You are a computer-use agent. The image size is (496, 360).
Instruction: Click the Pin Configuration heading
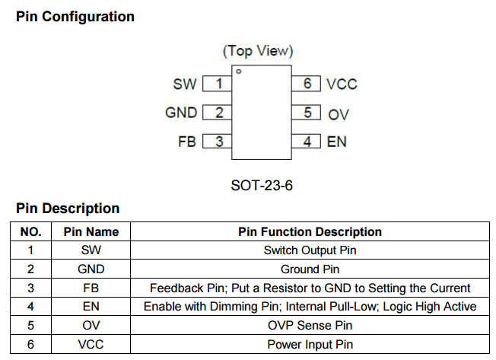(x=75, y=17)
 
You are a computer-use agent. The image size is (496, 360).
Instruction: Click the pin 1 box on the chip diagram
(x=218, y=84)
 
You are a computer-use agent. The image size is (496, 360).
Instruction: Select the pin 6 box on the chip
(x=307, y=84)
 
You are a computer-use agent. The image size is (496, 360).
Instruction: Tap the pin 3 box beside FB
(x=218, y=141)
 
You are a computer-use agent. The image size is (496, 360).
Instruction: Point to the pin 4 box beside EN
(x=307, y=141)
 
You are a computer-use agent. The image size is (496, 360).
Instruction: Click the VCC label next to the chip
(x=342, y=84)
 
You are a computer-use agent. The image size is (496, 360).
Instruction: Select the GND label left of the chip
(x=181, y=113)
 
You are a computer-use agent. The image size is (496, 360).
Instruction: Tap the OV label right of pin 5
(x=339, y=114)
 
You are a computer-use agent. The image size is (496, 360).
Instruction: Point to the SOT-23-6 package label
(x=262, y=186)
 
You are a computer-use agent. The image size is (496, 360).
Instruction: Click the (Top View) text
(x=258, y=51)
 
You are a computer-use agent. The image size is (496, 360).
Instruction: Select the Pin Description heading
(x=68, y=209)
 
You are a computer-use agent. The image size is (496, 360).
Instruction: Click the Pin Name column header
(x=91, y=231)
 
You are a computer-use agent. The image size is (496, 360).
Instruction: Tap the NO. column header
(x=30, y=231)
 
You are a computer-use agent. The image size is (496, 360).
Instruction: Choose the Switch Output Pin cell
(x=310, y=250)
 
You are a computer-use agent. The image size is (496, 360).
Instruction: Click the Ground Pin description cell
(x=310, y=269)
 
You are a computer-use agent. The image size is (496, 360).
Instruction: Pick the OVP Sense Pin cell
(x=310, y=325)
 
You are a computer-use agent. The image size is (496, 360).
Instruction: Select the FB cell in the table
(x=91, y=288)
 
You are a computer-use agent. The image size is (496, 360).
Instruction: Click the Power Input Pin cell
(x=310, y=344)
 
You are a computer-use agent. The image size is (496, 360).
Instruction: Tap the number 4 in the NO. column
(x=30, y=306)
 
